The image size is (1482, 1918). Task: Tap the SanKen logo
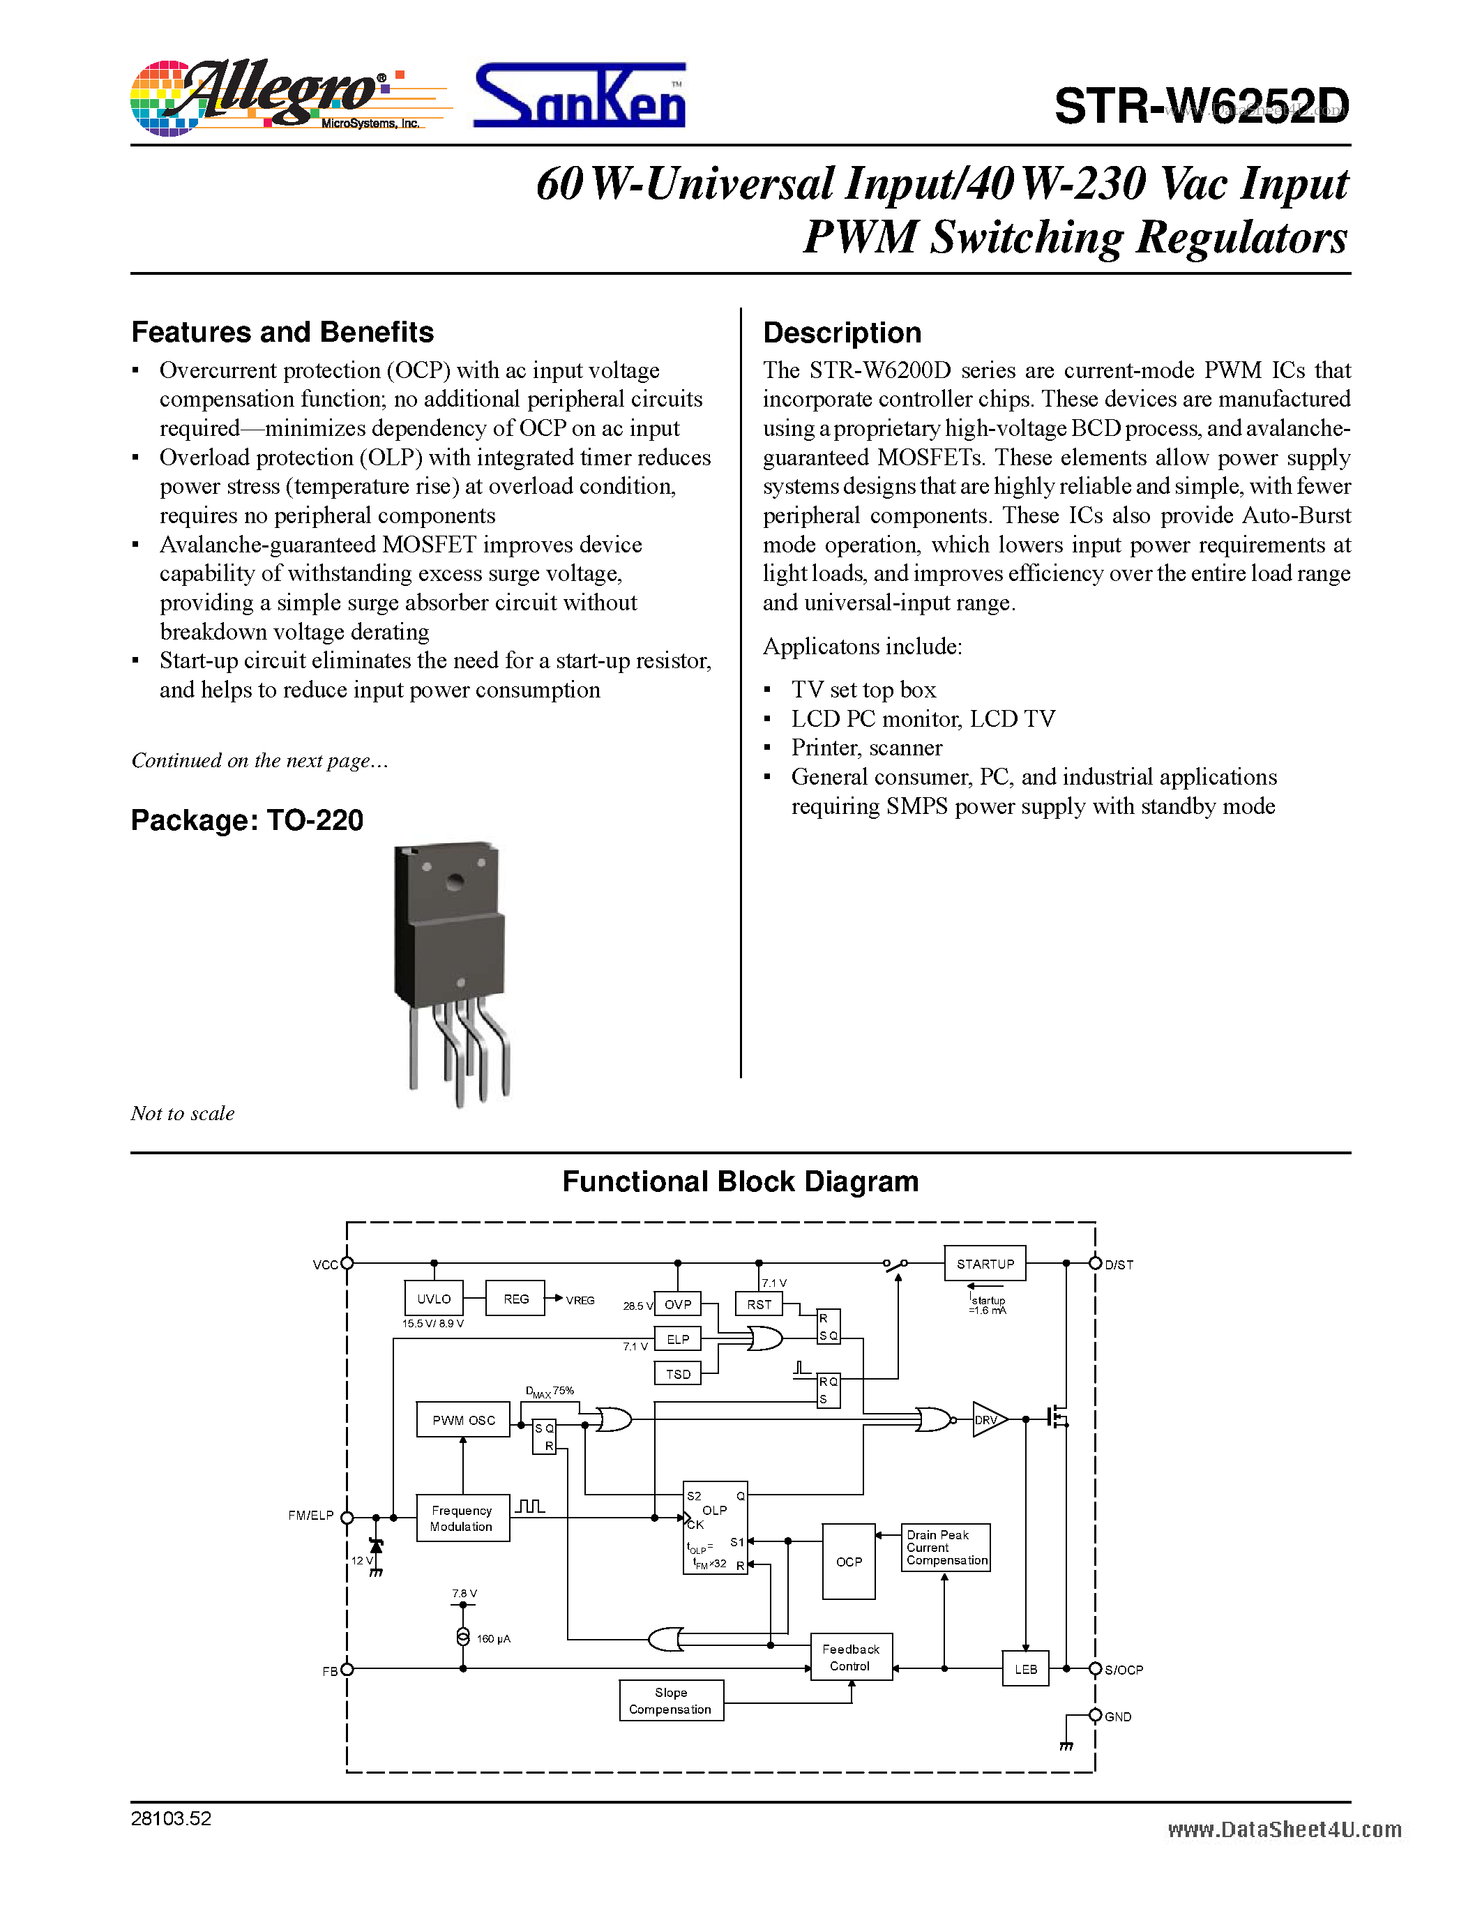580,97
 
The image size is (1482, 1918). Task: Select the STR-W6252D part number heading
1200,106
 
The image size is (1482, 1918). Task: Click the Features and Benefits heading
282,332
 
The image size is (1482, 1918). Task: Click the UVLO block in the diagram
434,1299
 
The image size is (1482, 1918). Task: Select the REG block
515,1299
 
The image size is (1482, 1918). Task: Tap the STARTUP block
985,1264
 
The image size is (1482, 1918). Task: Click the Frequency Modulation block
462,1518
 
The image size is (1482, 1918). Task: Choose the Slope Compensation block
671,1701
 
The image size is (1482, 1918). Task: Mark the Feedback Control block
850,1657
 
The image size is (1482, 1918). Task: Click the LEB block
1025,1668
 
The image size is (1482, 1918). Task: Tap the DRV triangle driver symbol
988,1419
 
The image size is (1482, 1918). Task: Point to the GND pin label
1118,1717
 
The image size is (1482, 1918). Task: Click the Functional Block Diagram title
740,1182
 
